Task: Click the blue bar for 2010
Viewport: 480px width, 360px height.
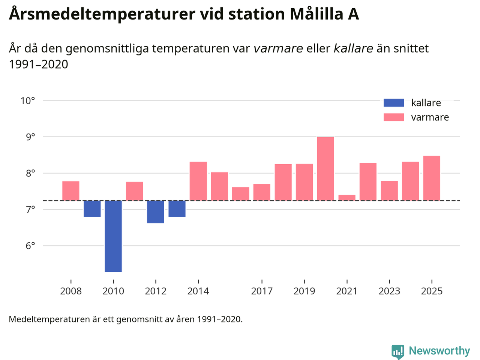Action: pos(113,236)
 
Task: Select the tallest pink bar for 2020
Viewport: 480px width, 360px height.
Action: pos(325,169)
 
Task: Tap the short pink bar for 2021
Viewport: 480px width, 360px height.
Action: pos(347,198)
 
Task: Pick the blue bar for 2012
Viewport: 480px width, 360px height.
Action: pos(156,212)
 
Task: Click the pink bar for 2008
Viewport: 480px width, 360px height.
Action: pos(71,191)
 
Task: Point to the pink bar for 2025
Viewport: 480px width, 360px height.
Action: pos(432,178)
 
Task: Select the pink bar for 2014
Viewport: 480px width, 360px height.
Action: pos(198,181)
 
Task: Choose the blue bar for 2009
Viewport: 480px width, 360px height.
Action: pos(92,209)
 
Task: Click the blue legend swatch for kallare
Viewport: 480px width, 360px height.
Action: pos(394,103)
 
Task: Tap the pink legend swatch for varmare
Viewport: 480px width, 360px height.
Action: pos(394,117)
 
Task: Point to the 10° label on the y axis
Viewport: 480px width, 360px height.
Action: pos(28,100)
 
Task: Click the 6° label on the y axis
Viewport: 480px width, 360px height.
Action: pos(30,246)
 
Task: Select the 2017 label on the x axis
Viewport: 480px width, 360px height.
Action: pos(262,291)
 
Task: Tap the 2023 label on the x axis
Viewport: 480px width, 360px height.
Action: pos(389,291)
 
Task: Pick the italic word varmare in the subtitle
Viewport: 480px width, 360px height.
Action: pos(278,48)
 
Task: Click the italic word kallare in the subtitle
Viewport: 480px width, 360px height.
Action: pos(353,48)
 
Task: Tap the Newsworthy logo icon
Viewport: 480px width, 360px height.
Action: pos(398,352)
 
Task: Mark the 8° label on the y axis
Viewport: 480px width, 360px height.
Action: pos(30,173)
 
